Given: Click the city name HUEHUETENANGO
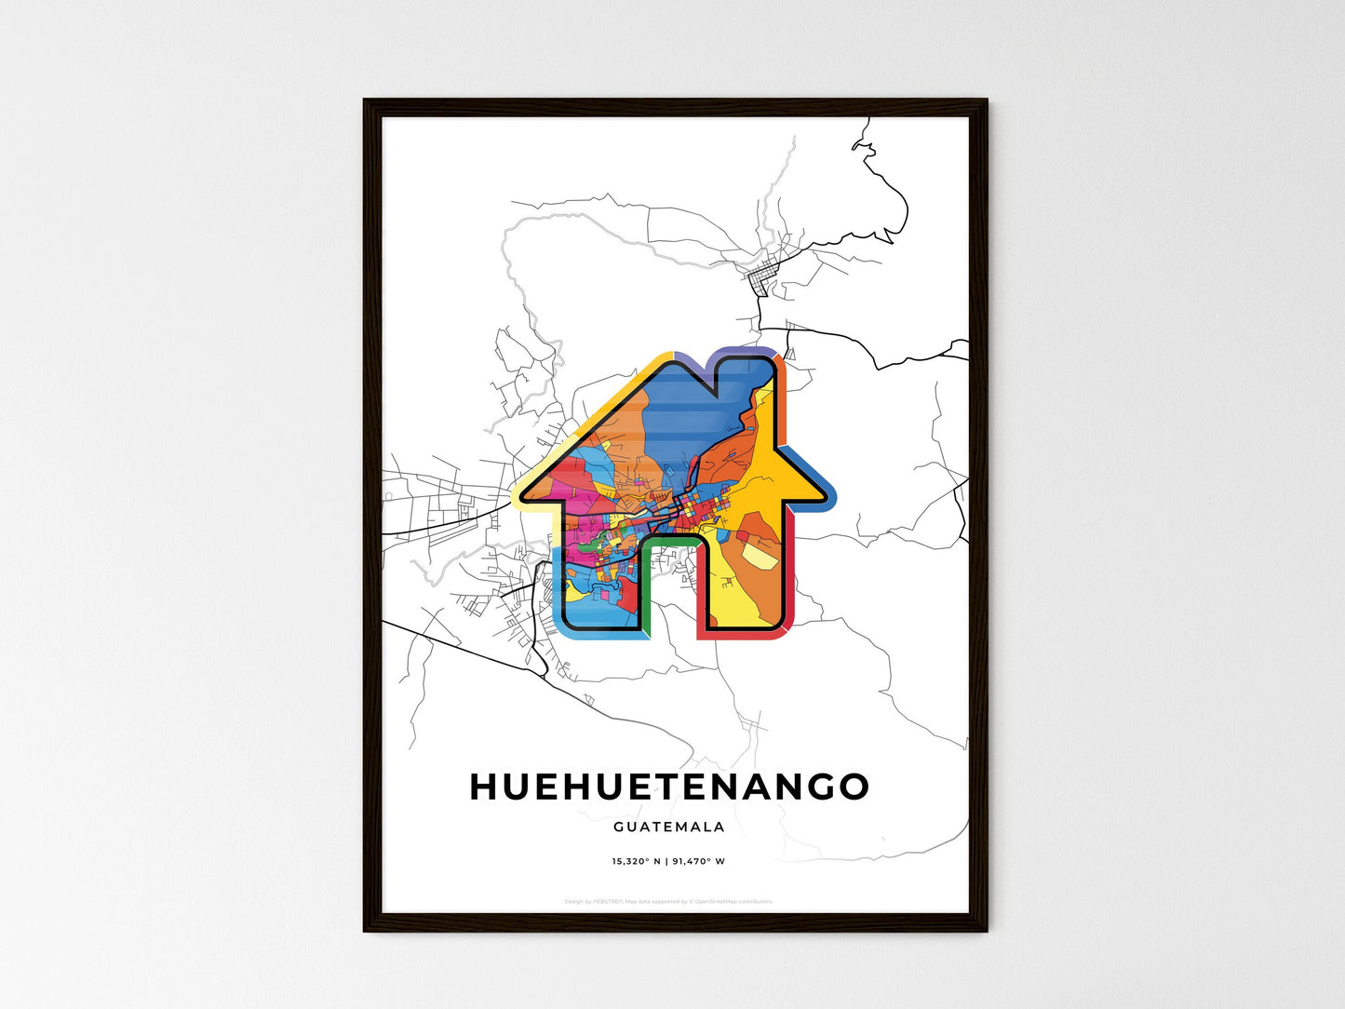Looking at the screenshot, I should tap(668, 787).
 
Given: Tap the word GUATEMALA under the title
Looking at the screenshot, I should tap(668, 827).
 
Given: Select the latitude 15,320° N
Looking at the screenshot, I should tap(636, 862).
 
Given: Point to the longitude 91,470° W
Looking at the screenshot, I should tap(698, 862).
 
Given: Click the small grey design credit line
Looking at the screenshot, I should tap(668, 901).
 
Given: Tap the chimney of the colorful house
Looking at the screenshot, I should tap(744, 372).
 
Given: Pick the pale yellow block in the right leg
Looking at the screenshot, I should tap(757, 556).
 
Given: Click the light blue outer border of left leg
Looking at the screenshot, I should tap(558, 596).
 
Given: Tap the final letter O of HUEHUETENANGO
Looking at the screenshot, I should tap(854, 787).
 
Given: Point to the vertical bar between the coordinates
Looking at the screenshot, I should tap(666, 862).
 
